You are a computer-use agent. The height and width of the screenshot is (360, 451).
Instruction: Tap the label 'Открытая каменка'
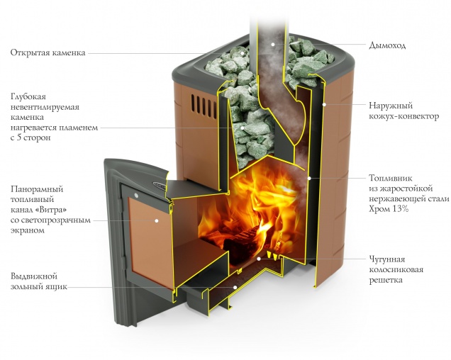click(48, 52)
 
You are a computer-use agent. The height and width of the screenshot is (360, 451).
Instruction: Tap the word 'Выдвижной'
click(34, 276)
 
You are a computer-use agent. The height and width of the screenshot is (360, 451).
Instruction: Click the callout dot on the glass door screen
click(157, 220)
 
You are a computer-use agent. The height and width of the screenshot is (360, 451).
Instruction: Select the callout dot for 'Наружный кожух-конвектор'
click(323, 104)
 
